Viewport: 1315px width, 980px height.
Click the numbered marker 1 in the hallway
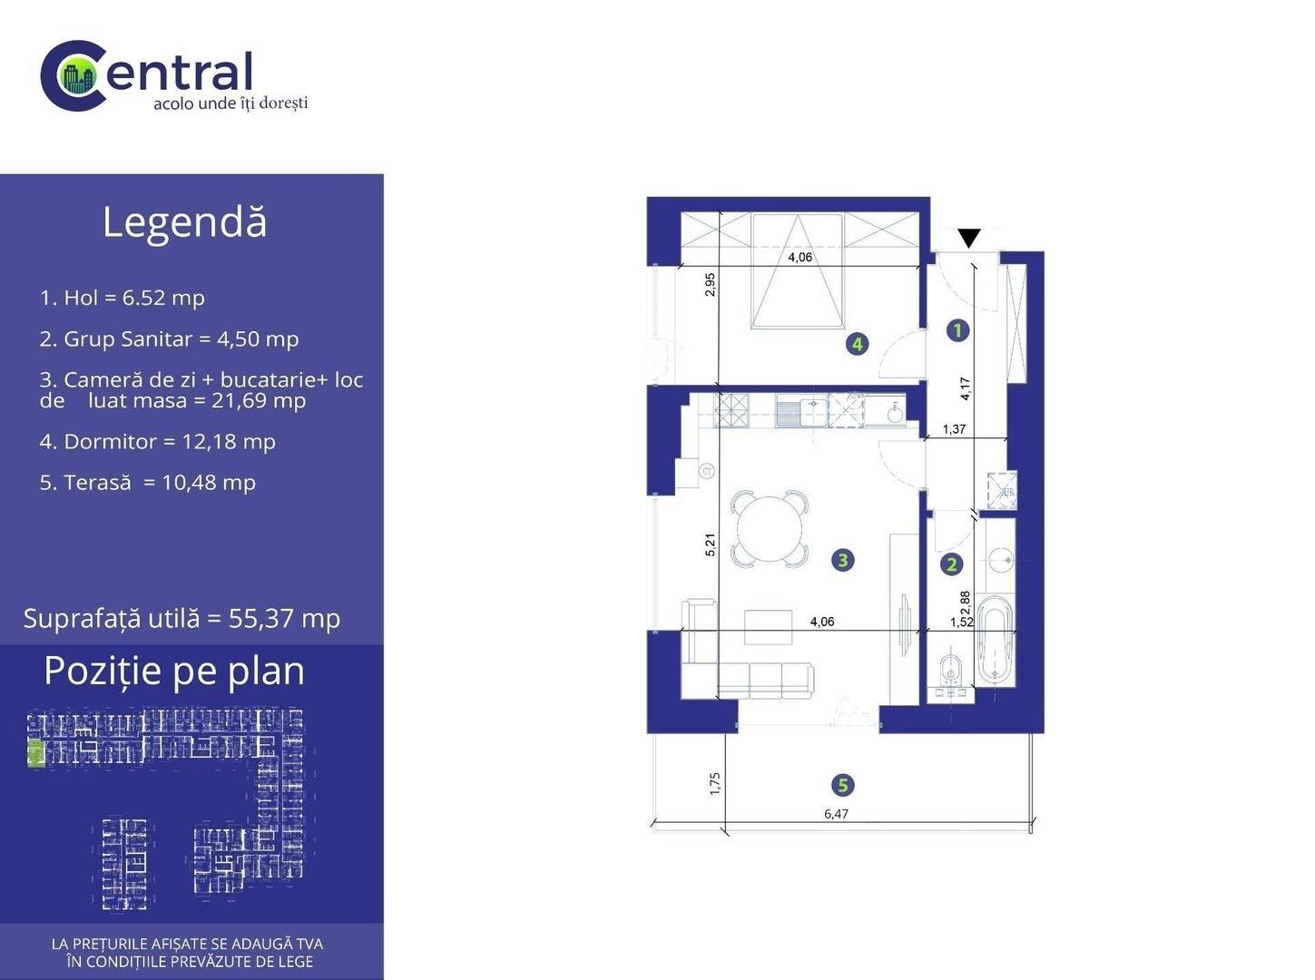click(957, 330)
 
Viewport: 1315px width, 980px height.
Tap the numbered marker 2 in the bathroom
click(951, 564)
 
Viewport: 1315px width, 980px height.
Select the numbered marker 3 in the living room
click(843, 560)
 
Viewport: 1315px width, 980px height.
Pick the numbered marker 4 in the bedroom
click(858, 344)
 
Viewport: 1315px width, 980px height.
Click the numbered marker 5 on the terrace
click(843, 785)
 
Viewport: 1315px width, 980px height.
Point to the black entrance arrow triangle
click(968, 238)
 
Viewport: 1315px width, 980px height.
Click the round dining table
click(770, 529)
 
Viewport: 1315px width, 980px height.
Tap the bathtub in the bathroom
click(995, 640)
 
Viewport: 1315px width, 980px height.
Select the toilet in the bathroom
click(951, 669)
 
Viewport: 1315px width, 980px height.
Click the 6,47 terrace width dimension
click(837, 814)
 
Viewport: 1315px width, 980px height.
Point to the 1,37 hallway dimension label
click(954, 429)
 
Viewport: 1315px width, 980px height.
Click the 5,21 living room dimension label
click(711, 544)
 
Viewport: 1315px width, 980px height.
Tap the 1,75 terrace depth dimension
click(715, 783)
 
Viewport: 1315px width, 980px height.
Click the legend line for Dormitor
click(158, 442)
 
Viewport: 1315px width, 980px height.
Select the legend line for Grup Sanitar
click(169, 339)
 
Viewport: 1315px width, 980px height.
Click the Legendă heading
click(184, 221)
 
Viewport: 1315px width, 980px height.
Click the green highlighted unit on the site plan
click(36, 752)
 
